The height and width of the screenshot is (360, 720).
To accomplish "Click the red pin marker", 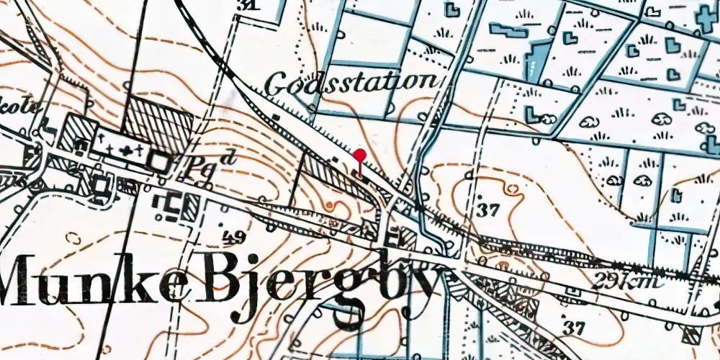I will (359, 156).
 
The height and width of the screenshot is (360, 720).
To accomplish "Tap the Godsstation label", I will (351, 83).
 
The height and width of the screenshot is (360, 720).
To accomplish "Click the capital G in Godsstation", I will (276, 84).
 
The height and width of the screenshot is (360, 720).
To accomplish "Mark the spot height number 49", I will (235, 237).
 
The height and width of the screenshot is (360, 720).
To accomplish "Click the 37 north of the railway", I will (488, 210).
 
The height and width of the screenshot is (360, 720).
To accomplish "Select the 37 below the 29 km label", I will (574, 328).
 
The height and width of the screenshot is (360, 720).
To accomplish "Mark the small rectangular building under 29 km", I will (573, 291).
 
